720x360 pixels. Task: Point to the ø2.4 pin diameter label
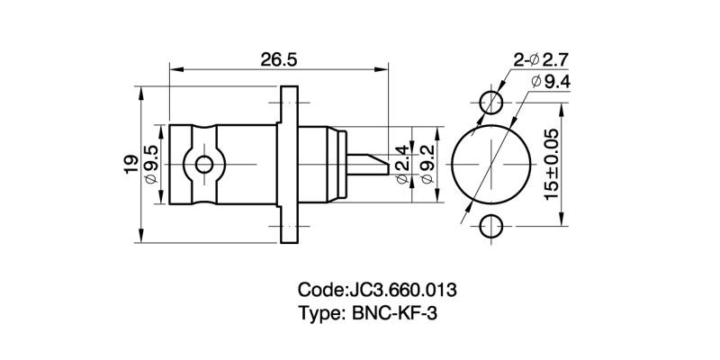tap(402, 164)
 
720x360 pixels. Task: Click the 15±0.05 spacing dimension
tap(551, 164)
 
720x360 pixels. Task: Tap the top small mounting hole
tap(491, 101)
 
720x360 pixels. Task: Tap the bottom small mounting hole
tap(491, 227)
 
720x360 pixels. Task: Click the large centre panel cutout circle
tap(491, 164)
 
